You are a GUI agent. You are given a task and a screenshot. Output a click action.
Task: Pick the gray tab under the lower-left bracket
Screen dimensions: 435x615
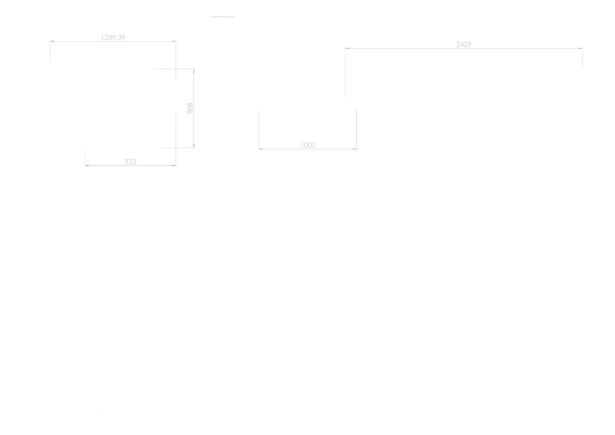click(x=129, y=162)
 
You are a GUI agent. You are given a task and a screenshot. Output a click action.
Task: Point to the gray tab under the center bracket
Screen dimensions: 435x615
click(x=307, y=143)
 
